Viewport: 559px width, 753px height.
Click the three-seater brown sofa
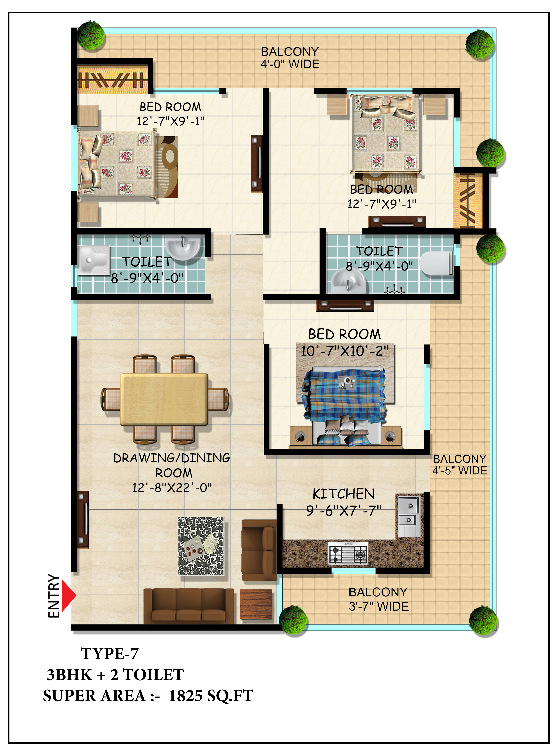[x=189, y=606]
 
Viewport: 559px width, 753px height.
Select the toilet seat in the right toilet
[x=436, y=263]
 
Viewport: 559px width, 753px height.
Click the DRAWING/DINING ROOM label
[x=172, y=465]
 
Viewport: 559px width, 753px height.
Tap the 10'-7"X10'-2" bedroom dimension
[x=344, y=351]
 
